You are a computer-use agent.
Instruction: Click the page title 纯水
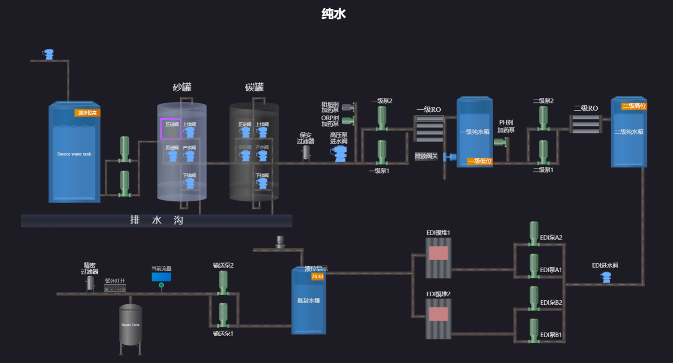point(334,14)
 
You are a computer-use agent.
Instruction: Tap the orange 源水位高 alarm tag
point(87,113)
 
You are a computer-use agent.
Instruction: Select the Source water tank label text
point(74,154)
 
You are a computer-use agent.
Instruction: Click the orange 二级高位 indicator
point(634,106)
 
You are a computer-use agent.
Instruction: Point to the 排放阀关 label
point(426,156)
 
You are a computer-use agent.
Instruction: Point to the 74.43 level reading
point(317,276)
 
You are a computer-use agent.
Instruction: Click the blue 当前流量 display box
point(161,277)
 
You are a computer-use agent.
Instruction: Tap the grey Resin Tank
point(130,325)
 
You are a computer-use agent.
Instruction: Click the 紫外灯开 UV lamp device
point(115,289)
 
